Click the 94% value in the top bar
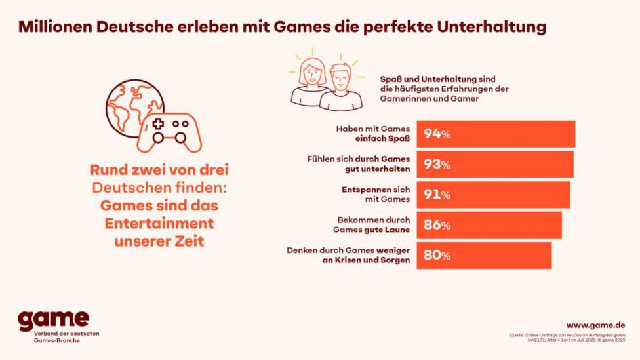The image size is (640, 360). [x=437, y=134]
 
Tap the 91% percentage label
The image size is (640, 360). [x=437, y=195]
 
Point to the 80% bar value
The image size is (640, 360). [x=437, y=256]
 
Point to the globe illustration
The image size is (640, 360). [x=131, y=108]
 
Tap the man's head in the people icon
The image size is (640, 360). [x=340, y=79]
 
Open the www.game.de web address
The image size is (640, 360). [x=595, y=325]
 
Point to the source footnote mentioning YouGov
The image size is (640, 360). [x=567, y=337]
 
